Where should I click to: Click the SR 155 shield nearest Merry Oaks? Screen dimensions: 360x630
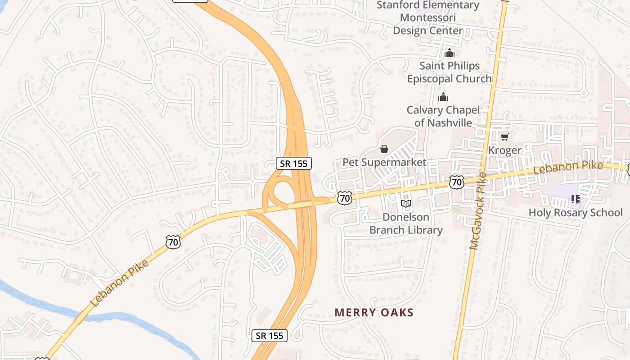click(x=270, y=335)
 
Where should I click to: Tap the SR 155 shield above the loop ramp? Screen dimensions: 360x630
click(x=294, y=163)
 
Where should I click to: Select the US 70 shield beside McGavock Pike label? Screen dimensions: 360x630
click(x=456, y=182)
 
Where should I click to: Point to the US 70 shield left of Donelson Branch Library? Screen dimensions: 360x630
click(x=344, y=198)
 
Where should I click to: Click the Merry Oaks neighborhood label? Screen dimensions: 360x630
click(x=374, y=312)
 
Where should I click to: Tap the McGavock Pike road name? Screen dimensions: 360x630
click(x=477, y=211)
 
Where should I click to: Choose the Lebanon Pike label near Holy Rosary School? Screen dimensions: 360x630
click(x=568, y=168)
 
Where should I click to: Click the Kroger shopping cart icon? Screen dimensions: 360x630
click(x=504, y=137)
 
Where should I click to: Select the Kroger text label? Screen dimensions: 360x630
click(x=504, y=150)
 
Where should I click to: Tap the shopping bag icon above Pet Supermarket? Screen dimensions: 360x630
click(x=384, y=149)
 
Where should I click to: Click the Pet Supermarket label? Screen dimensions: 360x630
click(x=384, y=162)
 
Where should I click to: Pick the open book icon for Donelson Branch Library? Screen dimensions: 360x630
click(x=406, y=204)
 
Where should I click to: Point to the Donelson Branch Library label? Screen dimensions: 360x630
click(x=406, y=224)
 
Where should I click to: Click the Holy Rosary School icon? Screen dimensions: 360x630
click(x=575, y=199)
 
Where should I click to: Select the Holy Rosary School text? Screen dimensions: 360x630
click(x=576, y=212)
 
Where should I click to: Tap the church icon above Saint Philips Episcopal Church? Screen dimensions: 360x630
click(x=449, y=53)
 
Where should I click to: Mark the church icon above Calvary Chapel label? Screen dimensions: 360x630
click(x=443, y=97)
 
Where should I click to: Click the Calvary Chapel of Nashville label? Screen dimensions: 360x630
click(x=443, y=116)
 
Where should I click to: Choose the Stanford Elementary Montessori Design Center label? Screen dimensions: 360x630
click(x=427, y=18)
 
